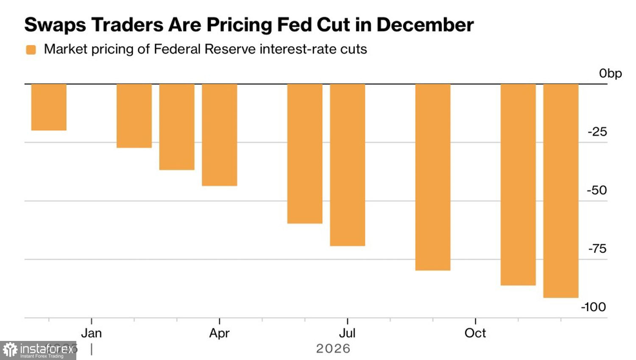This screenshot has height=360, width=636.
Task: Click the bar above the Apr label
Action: pos(219,135)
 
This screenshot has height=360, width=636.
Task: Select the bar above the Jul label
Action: pos(347,165)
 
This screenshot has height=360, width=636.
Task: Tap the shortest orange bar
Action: pos(49,107)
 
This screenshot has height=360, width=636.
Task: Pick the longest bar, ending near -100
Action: pos(561,191)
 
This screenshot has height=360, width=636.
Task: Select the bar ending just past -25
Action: pos(134,116)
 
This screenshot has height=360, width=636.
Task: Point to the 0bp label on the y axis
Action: pos(610,74)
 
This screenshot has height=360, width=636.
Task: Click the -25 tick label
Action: pos(597,132)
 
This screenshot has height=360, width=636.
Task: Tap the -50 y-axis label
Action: pos(597,191)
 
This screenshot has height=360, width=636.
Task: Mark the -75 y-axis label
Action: pos(597,249)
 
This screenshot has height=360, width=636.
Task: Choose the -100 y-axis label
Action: pos(593,307)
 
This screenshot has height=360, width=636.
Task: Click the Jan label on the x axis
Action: pos(91,333)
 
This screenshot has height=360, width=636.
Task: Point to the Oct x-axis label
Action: pos(475,333)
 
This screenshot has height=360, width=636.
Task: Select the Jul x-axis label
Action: pos(347,333)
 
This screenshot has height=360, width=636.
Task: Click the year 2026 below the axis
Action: pos(333,349)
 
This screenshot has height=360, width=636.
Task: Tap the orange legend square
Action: pos(31,50)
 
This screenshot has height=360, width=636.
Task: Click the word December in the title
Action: pos(425,25)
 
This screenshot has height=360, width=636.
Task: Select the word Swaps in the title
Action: pos(55,25)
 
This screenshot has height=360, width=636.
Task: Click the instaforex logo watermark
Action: pos(38,350)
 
